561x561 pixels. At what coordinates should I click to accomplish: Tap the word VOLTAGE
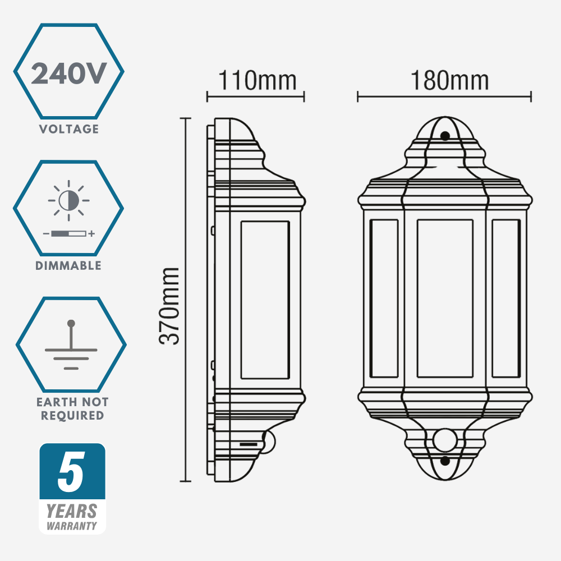pyautogui.click(x=68, y=129)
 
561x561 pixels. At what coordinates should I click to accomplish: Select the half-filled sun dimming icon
pyautogui.click(x=69, y=200)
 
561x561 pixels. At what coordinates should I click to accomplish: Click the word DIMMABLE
pyautogui.click(x=68, y=265)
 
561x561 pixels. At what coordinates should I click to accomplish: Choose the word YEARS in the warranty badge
pyautogui.click(x=71, y=511)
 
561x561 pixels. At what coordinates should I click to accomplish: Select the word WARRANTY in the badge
pyautogui.click(x=71, y=526)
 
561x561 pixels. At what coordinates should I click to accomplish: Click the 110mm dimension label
pyautogui.click(x=256, y=81)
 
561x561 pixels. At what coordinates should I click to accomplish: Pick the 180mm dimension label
pyautogui.click(x=449, y=81)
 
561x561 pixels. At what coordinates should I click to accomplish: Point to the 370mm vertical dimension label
pyautogui.click(x=169, y=306)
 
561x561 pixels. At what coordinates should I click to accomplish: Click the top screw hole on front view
pyautogui.click(x=445, y=136)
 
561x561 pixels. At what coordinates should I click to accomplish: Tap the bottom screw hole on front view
pyautogui.click(x=445, y=461)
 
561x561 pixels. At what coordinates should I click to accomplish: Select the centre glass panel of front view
pyautogui.click(x=444, y=298)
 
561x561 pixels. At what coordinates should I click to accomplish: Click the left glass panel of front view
pyautogui.click(x=384, y=298)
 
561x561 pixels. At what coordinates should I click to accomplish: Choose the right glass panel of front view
pyautogui.click(x=505, y=298)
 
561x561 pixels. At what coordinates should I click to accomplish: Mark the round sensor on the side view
pyautogui.click(x=270, y=441)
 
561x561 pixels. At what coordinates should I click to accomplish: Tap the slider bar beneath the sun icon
pyautogui.click(x=68, y=233)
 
